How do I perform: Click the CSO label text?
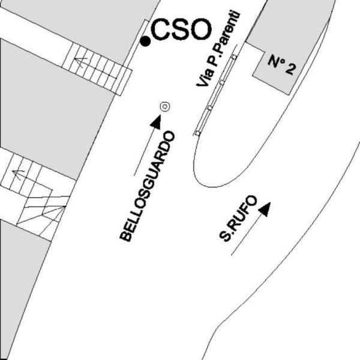coord(181,29)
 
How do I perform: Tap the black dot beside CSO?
coord(145,41)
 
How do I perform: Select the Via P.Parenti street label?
coord(218,49)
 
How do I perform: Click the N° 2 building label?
coord(282,65)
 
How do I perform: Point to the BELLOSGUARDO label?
coord(147,186)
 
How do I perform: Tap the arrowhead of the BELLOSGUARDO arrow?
coord(156,122)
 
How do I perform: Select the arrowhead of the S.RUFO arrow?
coord(265,209)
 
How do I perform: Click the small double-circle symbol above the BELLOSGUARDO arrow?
coord(165,107)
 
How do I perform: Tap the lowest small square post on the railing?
coord(197,133)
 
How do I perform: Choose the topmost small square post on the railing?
coord(234,57)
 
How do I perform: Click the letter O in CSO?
coord(200,29)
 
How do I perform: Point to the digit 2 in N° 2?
coord(290,68)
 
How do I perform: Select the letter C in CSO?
coord(161,29)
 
